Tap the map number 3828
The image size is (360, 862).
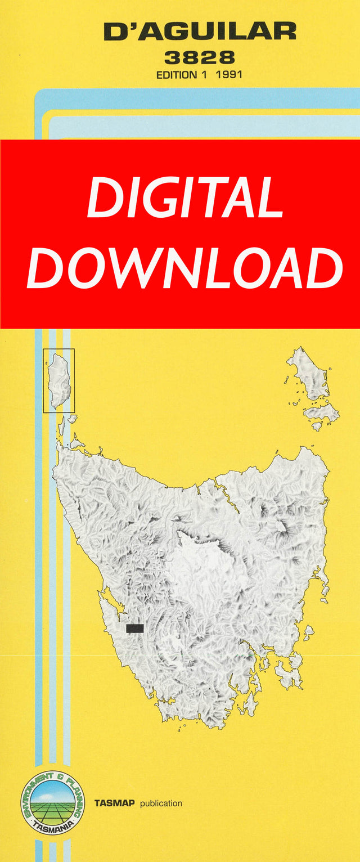tap(200, 57)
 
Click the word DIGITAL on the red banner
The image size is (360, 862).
tap(184, 198)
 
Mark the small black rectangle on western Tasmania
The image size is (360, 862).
tap(135, 628)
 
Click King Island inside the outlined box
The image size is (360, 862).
tap(59, 380)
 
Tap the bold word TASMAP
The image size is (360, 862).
tap(114, 803)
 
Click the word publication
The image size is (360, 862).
tap(161, 803)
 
